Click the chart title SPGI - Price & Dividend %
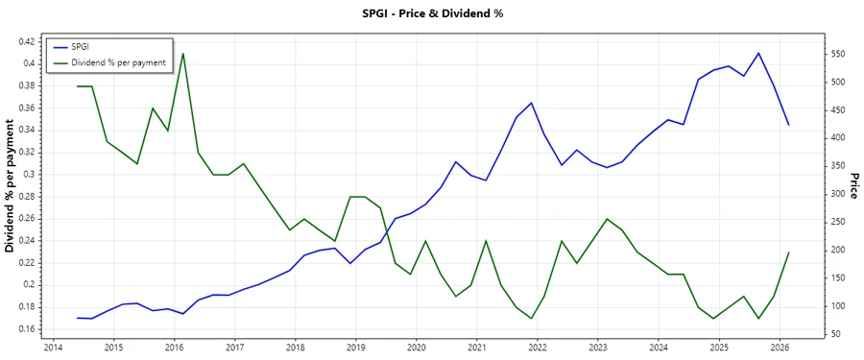pyautogui.click(x=431, y=13)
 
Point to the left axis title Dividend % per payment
pyautogui.click(x=11, y=186)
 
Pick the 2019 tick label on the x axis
pyautogui.click(x=355, y=347)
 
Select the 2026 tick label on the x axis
pyautogui.click(x=780, y=347)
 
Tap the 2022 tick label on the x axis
pyautogui.click(x=537, y=347)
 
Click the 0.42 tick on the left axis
pyautogui.click(x=26, y=41)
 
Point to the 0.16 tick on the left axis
pyautogui.click(x=26, y=329)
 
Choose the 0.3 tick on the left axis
pyautogui.click(x=30, y=175)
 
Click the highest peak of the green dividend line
pyautogui.click(x=183, y=54)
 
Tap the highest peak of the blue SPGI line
pyautogui.click(x=758, y=53)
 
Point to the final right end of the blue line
pyautogui.click(x=789, y=125)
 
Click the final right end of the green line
pyautogui.click(x=789, y=252)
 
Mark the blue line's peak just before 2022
pyautogui.click(x=531, y=103)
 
